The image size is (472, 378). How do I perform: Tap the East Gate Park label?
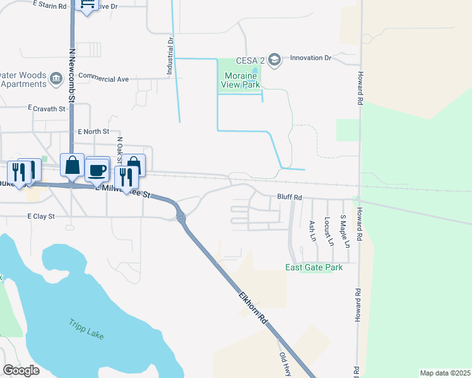click(314, 268)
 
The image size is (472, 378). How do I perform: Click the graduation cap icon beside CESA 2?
click(274, 59)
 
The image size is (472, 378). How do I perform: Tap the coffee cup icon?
click(97, 169)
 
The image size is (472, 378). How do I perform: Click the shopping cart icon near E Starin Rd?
click(86, 5)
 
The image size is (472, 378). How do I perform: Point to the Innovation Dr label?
click(310, 58)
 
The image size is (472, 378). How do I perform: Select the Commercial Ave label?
click(103, 79)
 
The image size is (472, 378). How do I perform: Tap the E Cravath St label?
click(47, 109)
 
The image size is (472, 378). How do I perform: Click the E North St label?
click(93, 132)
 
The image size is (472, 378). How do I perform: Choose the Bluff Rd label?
click(290, 197)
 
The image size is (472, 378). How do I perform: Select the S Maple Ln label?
click(344, 230)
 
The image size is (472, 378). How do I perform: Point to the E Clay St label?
click(42, 216)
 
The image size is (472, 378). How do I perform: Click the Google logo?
click(21, 370)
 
